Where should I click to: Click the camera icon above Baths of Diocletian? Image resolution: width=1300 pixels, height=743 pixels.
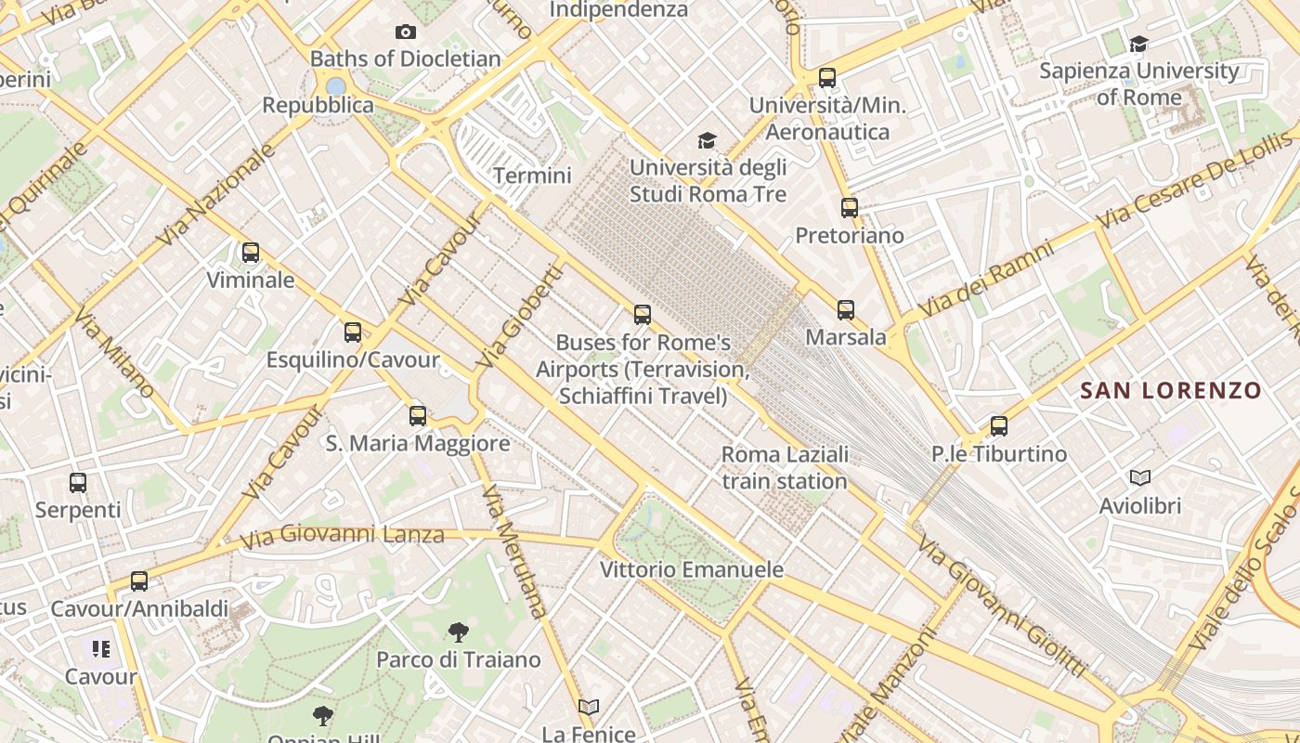tap(406, 33)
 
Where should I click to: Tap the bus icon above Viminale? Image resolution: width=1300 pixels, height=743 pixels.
tap(251, 253)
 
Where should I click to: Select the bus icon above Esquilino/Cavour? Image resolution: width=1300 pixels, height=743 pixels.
tap(353, 332)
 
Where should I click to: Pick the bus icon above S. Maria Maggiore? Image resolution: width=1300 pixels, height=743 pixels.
tap(418, 416)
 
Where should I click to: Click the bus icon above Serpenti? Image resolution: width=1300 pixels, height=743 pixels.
tap(78, 483)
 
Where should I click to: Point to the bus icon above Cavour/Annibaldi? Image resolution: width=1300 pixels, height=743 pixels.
tap(139, 581)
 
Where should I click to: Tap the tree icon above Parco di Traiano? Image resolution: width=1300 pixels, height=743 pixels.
tap(458, 633)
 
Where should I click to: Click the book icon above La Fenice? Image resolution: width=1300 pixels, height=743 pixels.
tap(589, 708)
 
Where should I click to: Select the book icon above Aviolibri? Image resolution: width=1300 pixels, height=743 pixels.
tap(1140, 478)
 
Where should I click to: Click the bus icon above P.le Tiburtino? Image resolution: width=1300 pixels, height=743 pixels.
tap(999, 426)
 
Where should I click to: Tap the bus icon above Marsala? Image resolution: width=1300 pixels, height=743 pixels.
tap(846, 310)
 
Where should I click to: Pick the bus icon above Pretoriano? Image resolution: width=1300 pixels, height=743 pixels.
tap(850, 208)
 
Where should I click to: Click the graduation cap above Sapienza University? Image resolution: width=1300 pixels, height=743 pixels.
tap(1138, 44)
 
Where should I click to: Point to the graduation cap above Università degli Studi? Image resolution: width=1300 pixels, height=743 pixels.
tap(708, 141)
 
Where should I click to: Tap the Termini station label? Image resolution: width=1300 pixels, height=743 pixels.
tap(532, 176)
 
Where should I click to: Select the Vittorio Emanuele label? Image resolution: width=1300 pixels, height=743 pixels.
tap(692, 569)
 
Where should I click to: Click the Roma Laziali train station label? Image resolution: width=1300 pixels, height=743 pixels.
tap(785, 468)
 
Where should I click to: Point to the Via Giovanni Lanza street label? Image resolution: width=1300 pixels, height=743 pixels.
tap(342, 536)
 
